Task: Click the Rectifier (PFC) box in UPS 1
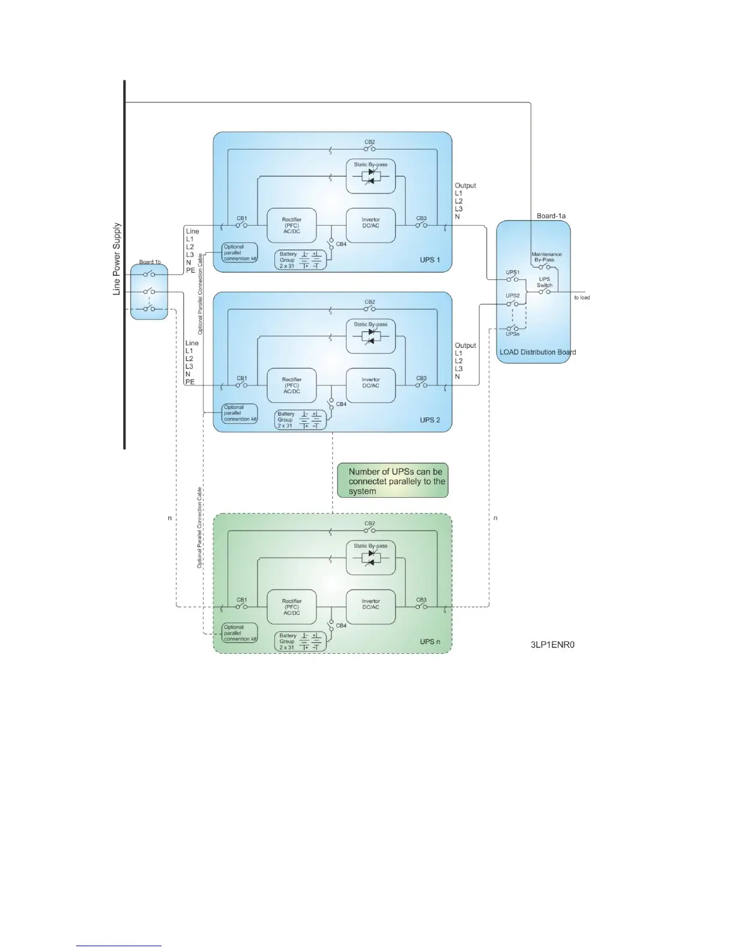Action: tap(291, 226)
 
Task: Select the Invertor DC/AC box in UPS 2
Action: tap(371, 385)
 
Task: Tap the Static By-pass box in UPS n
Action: tap(371, 557)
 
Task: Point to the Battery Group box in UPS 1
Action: tap(300, 259)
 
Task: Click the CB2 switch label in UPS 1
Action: tap(369, 142)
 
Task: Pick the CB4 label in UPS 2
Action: tap(341, 404)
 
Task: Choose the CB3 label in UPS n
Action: tap(421, 600)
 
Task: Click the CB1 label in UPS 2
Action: tap(241, 378)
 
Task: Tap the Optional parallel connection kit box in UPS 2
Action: tap(240, 413)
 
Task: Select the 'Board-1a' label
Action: tap(551, 216)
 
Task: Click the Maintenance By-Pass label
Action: tap(546, 257)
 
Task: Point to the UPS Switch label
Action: tap(544, 282)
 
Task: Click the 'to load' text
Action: tap(581, 298)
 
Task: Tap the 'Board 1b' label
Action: tap(150, 262)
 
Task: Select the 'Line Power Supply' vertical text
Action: tap(117, 259)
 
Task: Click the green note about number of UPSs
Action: tap(393, 481)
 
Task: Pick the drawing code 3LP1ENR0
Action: tap(552, 645)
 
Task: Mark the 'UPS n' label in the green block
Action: tap(430, 642)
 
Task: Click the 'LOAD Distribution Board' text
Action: tap(537, 352)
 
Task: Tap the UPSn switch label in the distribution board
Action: tap(512, 334)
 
